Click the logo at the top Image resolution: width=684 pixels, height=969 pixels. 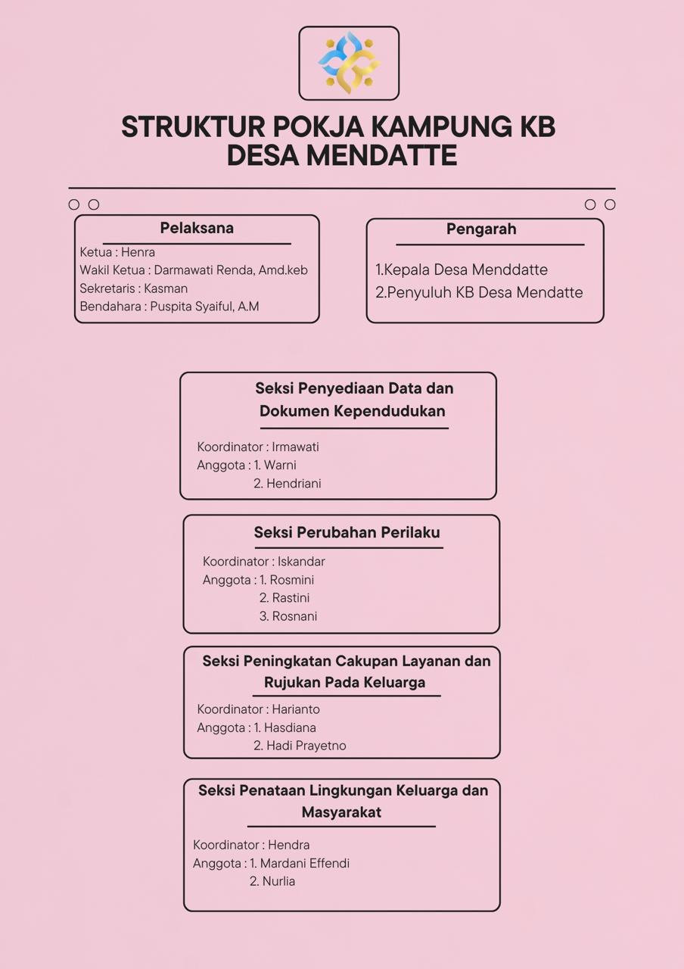point(349,63)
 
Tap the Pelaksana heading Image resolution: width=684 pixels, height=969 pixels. point(197,228)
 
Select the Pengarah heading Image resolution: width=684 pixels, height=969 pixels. point(481,229)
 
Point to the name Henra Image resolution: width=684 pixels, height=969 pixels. point(138,252)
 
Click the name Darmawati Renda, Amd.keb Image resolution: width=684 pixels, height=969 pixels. point(231,270)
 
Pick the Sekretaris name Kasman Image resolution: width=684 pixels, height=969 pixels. point(166,288)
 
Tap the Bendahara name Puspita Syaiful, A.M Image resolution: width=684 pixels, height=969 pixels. point(204,307)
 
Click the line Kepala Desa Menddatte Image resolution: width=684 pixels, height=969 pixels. point(466,270)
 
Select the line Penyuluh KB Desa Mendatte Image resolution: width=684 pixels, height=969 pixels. point(484,292)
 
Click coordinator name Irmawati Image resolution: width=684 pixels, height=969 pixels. point(295,447)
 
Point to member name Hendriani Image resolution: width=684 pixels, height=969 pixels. point(294,483)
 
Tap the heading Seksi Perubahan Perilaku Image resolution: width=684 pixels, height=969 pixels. point(347,532)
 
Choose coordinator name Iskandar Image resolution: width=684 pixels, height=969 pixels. point(301,562)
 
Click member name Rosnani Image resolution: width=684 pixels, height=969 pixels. point(294,616)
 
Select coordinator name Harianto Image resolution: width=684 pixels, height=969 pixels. point(295,709)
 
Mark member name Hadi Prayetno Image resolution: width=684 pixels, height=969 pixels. point(306,746)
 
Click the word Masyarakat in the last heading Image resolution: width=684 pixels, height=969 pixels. point(341,812)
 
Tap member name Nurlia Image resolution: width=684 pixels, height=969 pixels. point(278,881)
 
